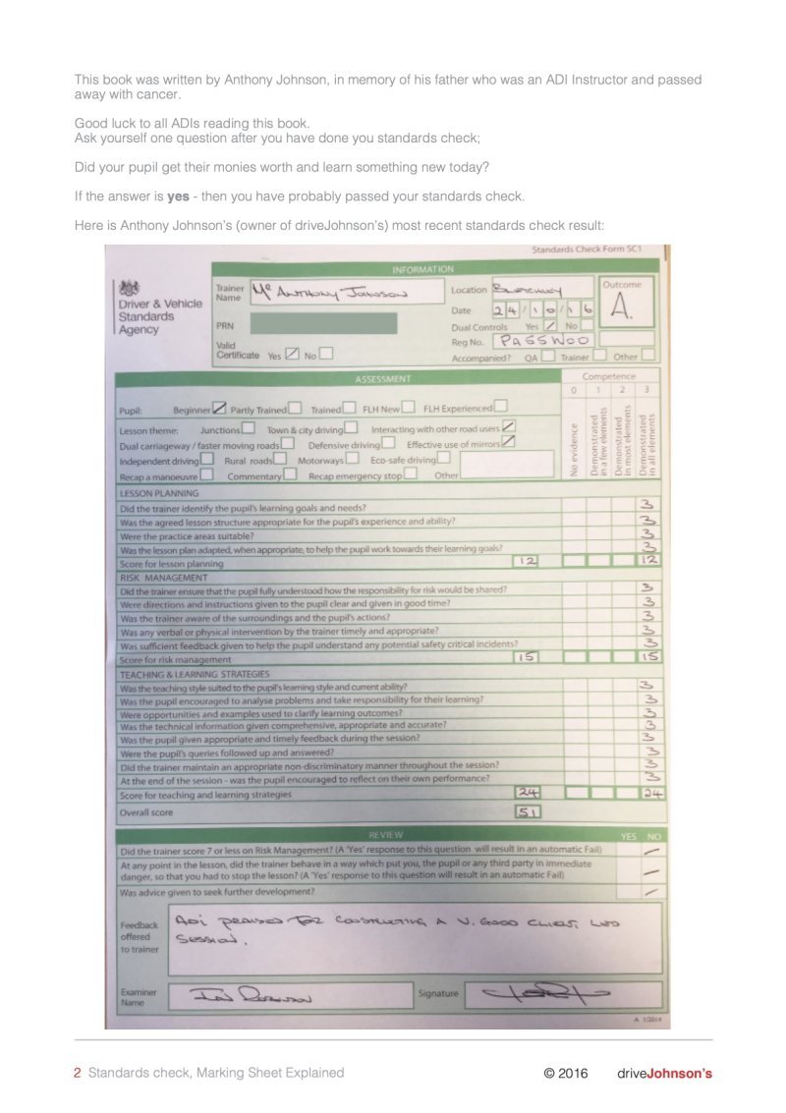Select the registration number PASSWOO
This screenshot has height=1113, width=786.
[x=543, y=340]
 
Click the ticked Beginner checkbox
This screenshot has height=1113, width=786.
[x=220, y=408]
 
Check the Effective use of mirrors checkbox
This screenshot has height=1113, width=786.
[x=508, y=442]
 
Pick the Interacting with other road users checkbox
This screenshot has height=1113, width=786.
[x=509, y=426]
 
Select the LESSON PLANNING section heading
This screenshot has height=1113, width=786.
[x=159, y=493]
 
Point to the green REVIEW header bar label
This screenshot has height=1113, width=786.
[x=385, y=833]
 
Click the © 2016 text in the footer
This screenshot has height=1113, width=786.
[x=566, y=1074]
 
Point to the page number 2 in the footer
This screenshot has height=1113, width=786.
[x=78, y=1074]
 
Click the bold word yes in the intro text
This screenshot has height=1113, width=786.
[x=178, y=196]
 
